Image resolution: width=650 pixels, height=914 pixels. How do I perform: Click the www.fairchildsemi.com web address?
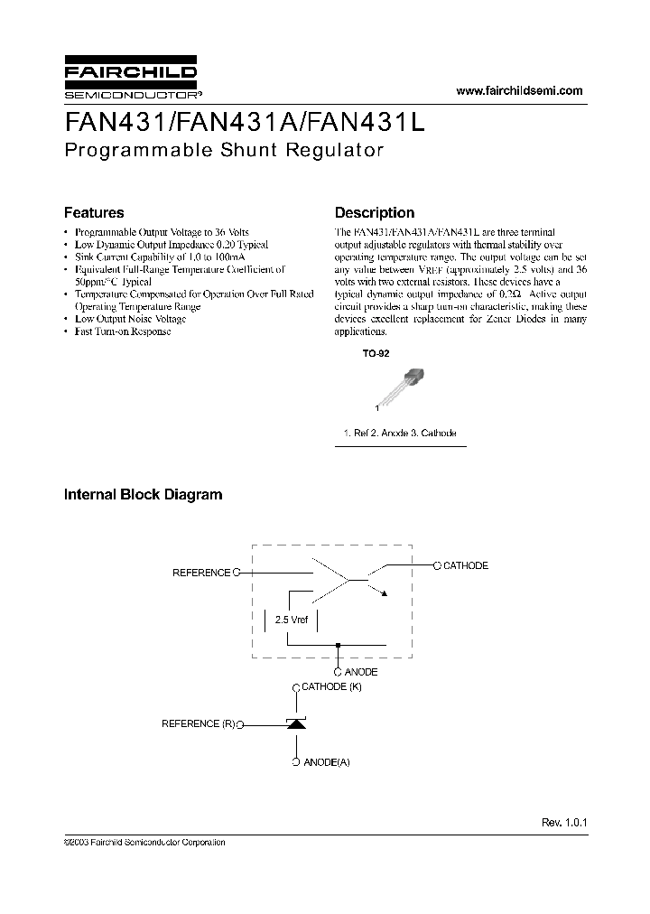(520, 90)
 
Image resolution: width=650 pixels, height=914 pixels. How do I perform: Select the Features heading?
(94, 213)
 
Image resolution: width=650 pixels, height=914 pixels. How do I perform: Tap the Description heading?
(375, 213)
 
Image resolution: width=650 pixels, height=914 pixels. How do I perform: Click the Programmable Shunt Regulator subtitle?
(224, 150)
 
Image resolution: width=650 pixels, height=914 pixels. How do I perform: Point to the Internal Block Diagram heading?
(143, 494)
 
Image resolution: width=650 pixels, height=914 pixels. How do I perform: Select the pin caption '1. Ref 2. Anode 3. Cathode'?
(400, 434)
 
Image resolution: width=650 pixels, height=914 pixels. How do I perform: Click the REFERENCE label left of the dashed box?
(201, 573)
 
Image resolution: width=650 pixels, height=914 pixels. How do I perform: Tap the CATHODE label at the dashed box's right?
(466, 565)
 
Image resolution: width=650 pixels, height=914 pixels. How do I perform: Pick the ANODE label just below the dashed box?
(361, 672)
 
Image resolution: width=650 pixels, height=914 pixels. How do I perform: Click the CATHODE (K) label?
(330, 687)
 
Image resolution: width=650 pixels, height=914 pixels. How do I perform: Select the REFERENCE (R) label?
(197, 723)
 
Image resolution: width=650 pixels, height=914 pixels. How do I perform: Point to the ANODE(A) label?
(326, 762)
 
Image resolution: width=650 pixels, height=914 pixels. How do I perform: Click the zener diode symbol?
(296, 723)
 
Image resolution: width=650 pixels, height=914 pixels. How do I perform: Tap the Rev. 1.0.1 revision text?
(564, 823)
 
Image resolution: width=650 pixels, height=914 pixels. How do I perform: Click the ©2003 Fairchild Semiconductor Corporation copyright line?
(144, 842)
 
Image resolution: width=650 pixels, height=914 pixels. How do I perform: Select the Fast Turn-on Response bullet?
(123, 331)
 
